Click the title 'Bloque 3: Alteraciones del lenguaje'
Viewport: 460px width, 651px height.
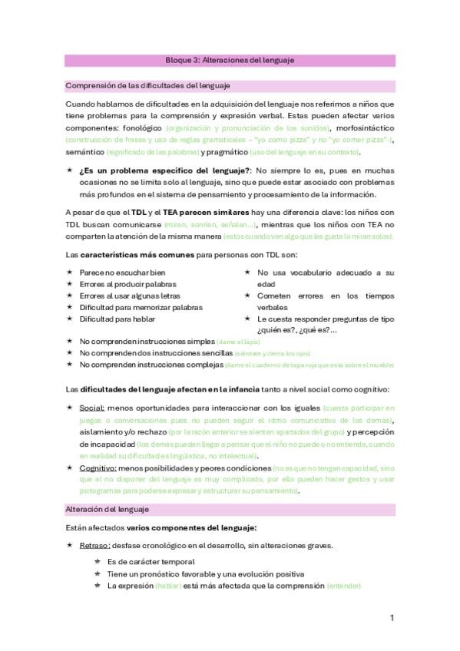tap(230, 59)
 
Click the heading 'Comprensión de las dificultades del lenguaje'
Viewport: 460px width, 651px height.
tap(148, 86)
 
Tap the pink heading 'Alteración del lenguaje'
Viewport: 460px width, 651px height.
tap(107, 509)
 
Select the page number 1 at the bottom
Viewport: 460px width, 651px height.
tap(392, 618)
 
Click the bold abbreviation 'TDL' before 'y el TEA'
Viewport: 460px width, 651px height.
tap(138, 213)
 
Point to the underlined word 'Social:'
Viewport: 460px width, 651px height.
tap(91, 408)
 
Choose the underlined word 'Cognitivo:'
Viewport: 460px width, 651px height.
tap(97, 468)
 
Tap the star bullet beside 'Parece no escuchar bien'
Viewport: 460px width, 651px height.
tap(69, 273)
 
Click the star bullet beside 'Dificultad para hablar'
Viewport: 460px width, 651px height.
tap(69, 318)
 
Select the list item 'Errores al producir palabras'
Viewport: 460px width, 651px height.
tap(127, 284)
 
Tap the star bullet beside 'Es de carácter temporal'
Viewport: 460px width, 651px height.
tap(98, 562)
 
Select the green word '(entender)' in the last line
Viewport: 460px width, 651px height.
tap(343, 586)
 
